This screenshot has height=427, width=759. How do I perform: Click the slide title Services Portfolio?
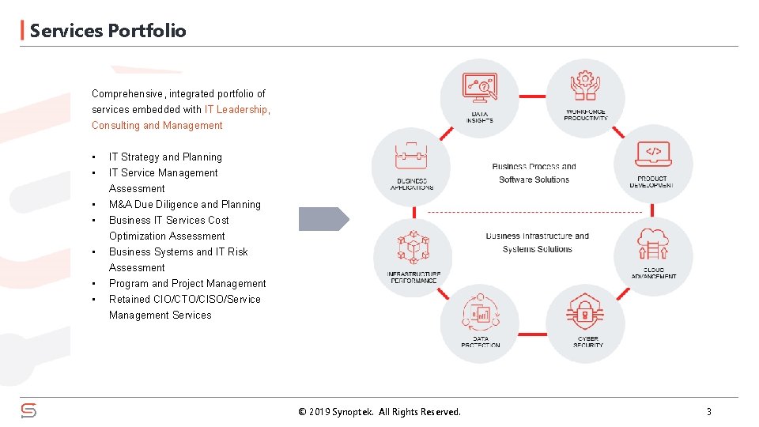[x=108, y=31]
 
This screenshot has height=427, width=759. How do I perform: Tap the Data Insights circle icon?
[x=479, y=93]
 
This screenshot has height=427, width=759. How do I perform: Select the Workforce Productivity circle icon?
[x=585, y=93]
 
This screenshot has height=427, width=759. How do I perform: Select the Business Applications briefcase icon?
[x=411, y=161]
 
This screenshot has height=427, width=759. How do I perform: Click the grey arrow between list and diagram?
[x=323, y=219]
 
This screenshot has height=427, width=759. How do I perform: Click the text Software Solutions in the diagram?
[x=534, y=179]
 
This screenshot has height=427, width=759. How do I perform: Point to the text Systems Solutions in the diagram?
[x=537, y=249]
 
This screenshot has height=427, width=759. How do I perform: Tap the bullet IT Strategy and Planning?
[x=165, y=157]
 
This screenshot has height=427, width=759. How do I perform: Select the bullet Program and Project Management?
[x=187, y=283]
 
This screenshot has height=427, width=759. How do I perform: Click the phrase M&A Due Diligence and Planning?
[x=184, y=204]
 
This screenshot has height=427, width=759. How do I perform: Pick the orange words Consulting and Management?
[x=157, y=125]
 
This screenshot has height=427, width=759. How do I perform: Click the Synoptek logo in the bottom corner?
[x=28, y=410]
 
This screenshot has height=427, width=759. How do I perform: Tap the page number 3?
[x=708, y=411]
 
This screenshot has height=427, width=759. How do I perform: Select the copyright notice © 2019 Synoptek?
[x=379, y=411]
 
